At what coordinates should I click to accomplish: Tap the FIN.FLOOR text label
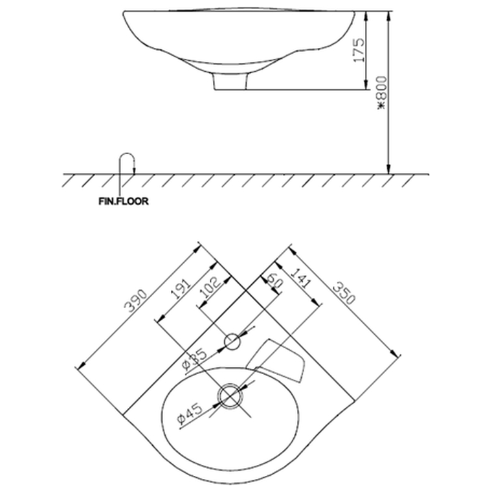pyautogui.click(x=123, y=201)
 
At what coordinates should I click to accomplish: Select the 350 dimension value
pyautogui.click(x=344, y=293)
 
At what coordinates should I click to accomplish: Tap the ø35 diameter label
pyautogui.click(x=194, y=360)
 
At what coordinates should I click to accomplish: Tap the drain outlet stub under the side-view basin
pyautogui.click(x=230, y=82)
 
